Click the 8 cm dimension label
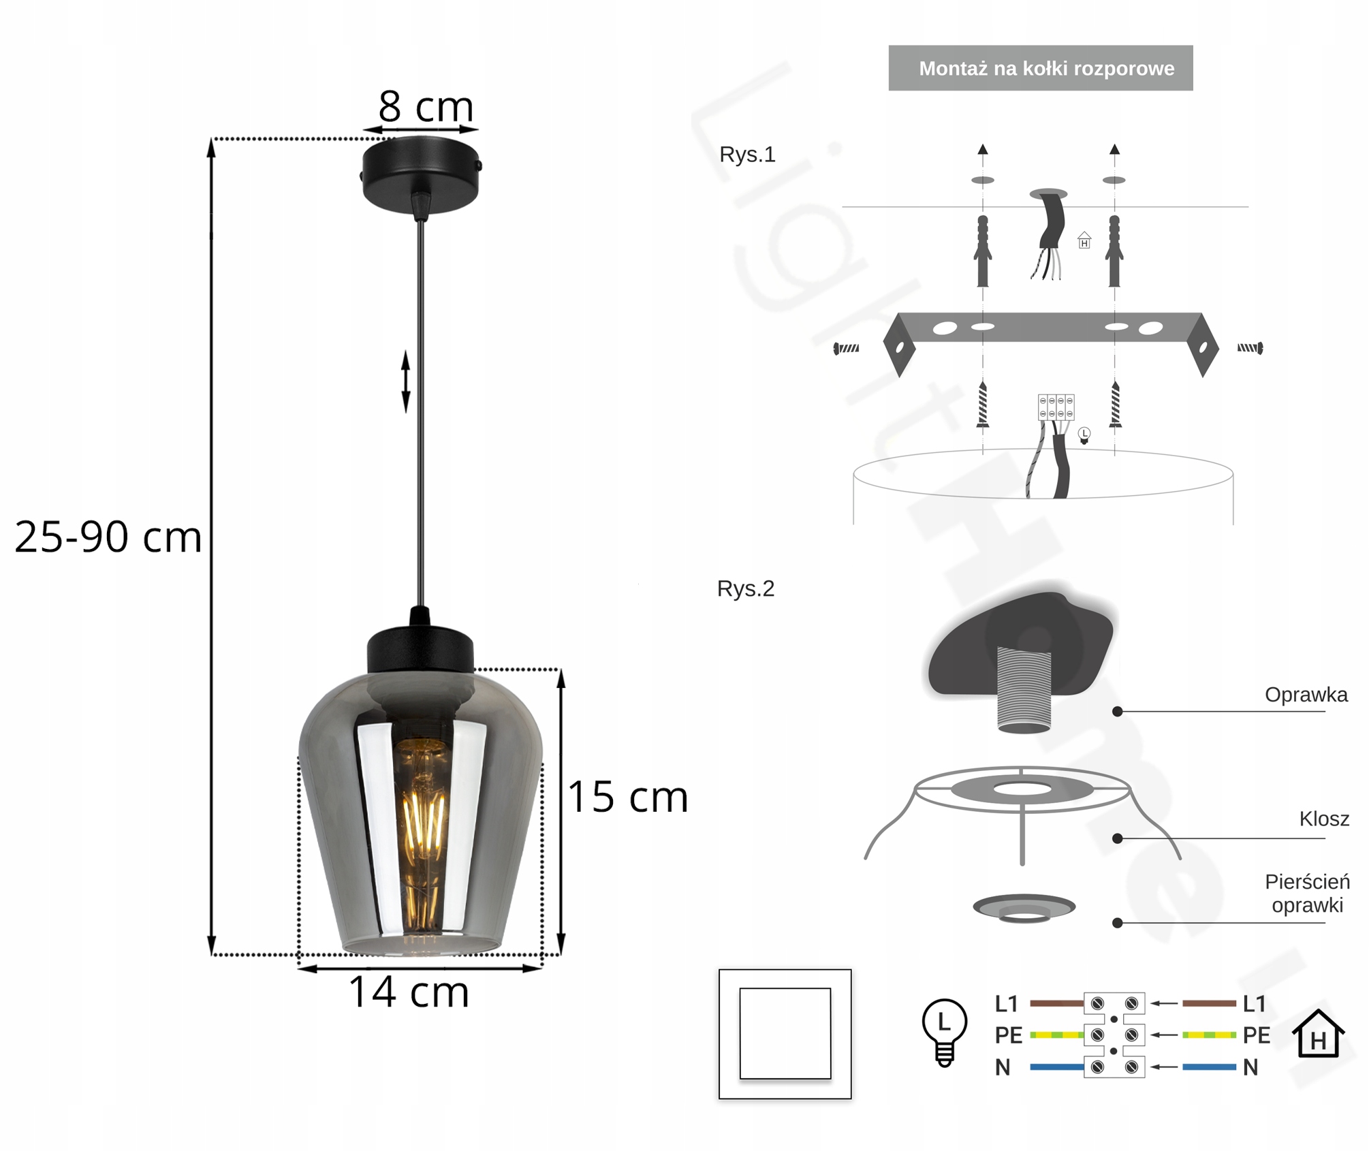pos(426,106)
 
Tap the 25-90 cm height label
pos(108,537)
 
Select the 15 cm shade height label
pos(628,796)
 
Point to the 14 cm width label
pos(409,992)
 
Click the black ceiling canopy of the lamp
pos(421,174)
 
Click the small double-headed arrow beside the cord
pos(406,381)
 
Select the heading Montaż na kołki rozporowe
pos(1046,69)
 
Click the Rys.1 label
pos(747,155)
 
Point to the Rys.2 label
pos(746,588)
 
